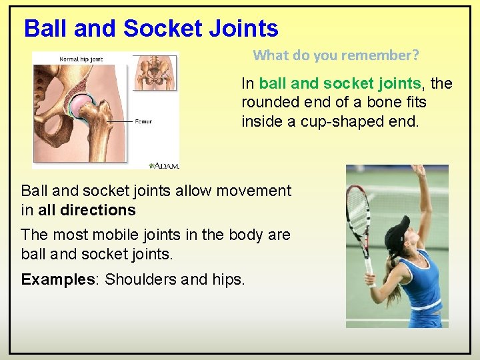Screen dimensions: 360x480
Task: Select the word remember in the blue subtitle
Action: [382, 55]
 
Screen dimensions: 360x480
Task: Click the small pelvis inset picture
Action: [156, 71]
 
